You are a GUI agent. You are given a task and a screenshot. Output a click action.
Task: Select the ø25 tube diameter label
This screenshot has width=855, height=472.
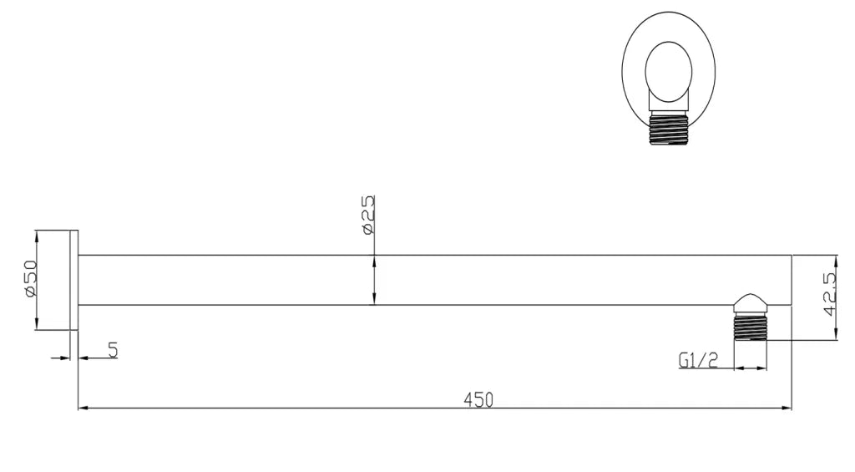(367, 215)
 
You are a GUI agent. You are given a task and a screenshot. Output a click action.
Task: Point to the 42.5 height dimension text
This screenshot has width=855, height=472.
(830, 293)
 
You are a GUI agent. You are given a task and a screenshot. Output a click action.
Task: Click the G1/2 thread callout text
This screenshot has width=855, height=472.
(698, 361)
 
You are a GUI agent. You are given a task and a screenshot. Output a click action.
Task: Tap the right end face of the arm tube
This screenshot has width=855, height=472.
(791, 280)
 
